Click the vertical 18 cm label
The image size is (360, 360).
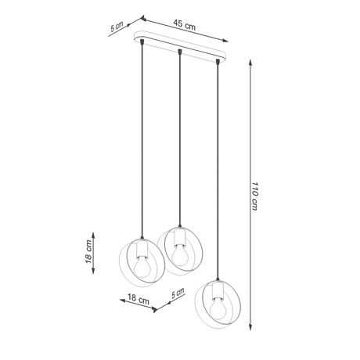click(x=89, y=252)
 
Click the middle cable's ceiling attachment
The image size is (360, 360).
click(x=181, y=52)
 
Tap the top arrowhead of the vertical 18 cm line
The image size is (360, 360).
click(x=94, y=232)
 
